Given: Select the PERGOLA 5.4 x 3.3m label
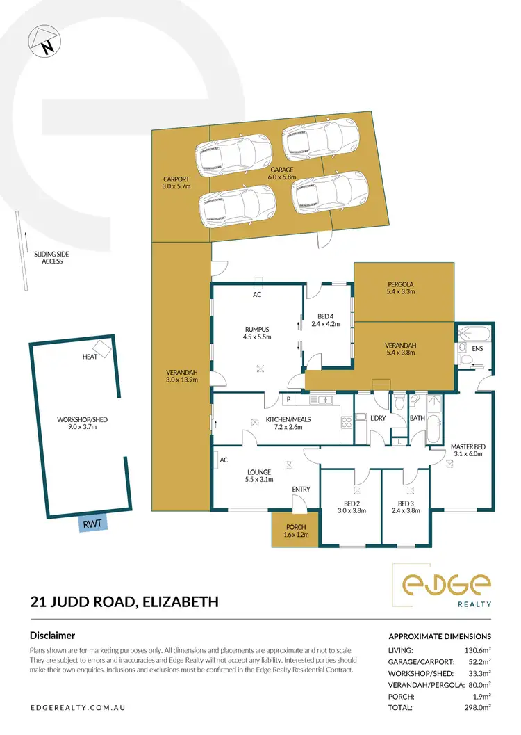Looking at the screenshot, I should [x=401, y=288].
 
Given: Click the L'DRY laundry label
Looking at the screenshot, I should [x=378, y=417].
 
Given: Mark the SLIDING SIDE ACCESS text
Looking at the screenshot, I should [x=52, y=257].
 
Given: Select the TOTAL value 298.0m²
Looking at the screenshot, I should [x=477, y=707].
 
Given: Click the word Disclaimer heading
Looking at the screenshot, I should [x=52, y=635].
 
